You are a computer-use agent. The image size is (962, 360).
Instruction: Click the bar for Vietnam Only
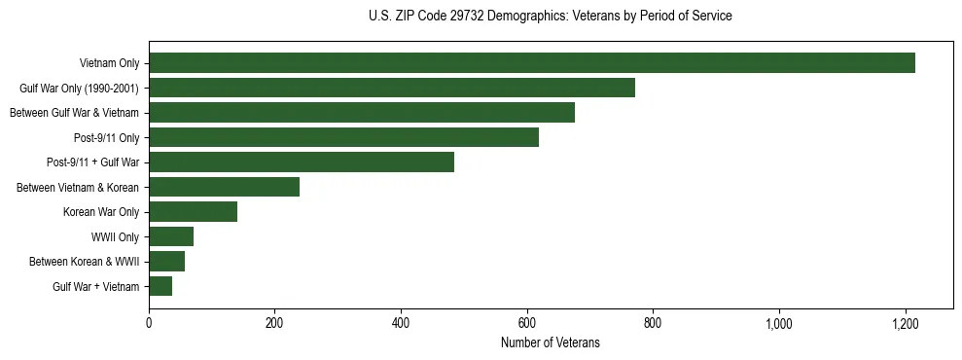(x=532, y=63)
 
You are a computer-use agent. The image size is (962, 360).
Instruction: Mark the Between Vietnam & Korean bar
(x=224, y=187)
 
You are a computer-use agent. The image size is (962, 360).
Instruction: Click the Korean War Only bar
(x=193, y=212)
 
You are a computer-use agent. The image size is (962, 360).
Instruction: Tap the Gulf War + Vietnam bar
(x=160, y=286)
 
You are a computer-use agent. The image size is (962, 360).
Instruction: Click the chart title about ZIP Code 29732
(x=551, y=17)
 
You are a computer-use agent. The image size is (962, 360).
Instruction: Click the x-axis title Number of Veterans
(x=551, y=343)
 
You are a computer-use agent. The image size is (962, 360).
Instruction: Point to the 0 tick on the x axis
(x=149, y=324)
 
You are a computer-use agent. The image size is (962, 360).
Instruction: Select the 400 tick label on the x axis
(x=401, y=324)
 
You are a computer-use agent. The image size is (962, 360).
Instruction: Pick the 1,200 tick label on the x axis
(x=906, y=324)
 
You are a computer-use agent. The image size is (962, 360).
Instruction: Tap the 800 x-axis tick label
(x=653, y=324)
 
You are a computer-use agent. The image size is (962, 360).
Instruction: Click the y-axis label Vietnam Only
(x=109, y=64)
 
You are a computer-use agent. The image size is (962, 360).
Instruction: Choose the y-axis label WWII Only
(x=115, y=237)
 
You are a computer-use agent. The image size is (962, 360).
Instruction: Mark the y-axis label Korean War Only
(x=101, y=212)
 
